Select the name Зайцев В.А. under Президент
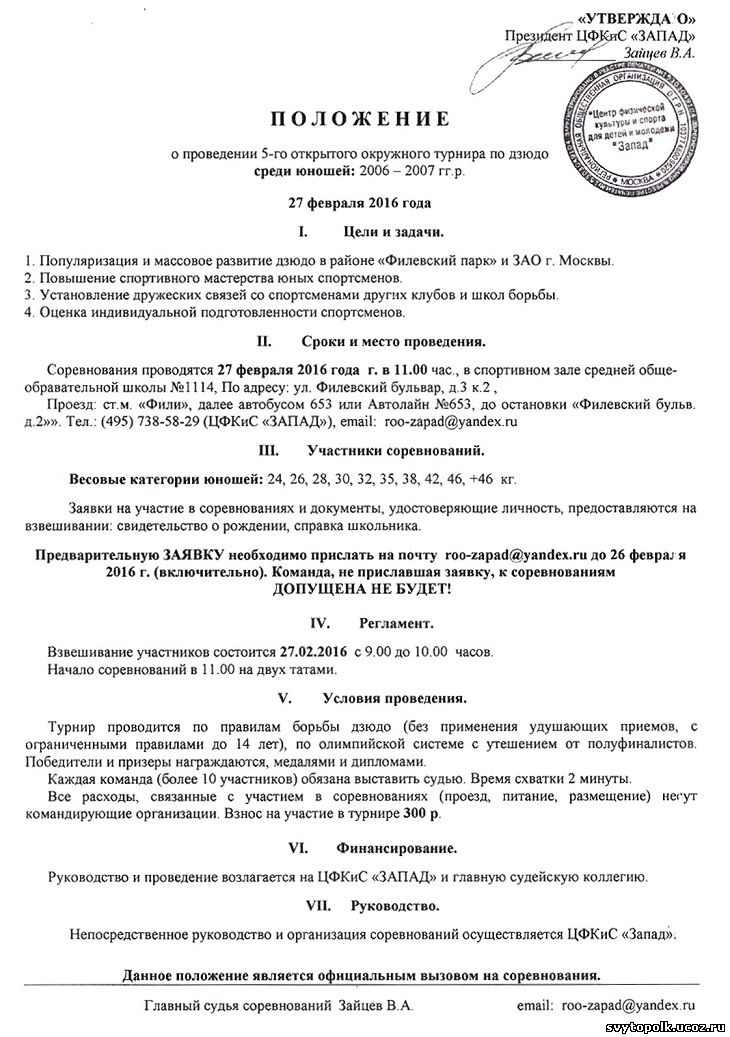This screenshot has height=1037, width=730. tap(660, 52)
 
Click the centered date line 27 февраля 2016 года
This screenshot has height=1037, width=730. tap(360, 203)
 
